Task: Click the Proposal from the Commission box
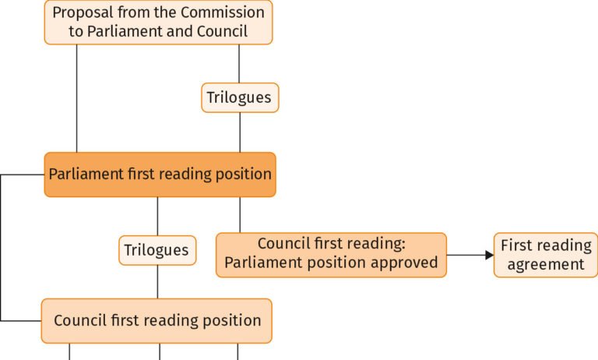(x=158, y=22)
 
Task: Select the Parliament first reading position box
(x=160, y=175)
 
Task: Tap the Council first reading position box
(x=157, y=321)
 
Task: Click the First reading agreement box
(x=546, y=255)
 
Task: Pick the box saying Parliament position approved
(x=331, y=255)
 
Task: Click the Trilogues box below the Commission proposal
(x=240, y=97)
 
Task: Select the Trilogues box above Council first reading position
(x=157, y=250)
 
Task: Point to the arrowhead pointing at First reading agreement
(x=490, y=255)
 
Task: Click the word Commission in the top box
(x=223, y=12)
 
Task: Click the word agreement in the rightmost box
(x=546, y=265)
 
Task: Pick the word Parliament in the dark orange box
(x=86, y=174)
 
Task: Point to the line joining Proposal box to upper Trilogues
(x=239, y=64)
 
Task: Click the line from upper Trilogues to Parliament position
(x=240, y=132)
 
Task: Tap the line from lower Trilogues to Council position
(x=157, y=282)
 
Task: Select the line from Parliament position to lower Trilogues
(x=157, y=216)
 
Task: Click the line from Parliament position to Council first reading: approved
(x=240, y=215)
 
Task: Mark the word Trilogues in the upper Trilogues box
(x=239, y=97)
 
